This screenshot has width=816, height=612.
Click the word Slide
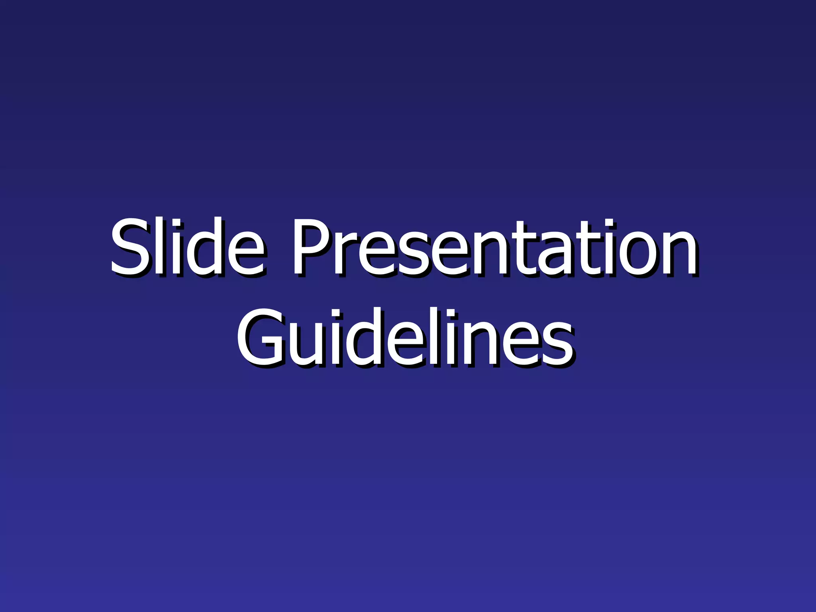click(x=186, y=247)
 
